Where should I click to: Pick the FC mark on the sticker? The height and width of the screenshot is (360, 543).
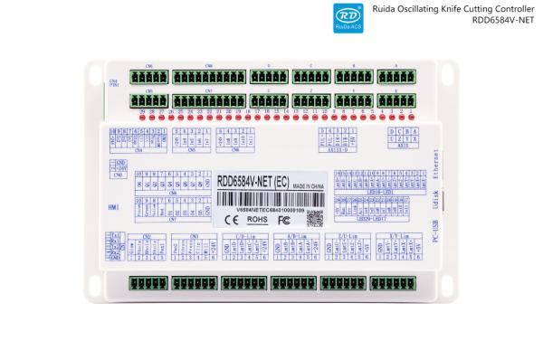point(283,218)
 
